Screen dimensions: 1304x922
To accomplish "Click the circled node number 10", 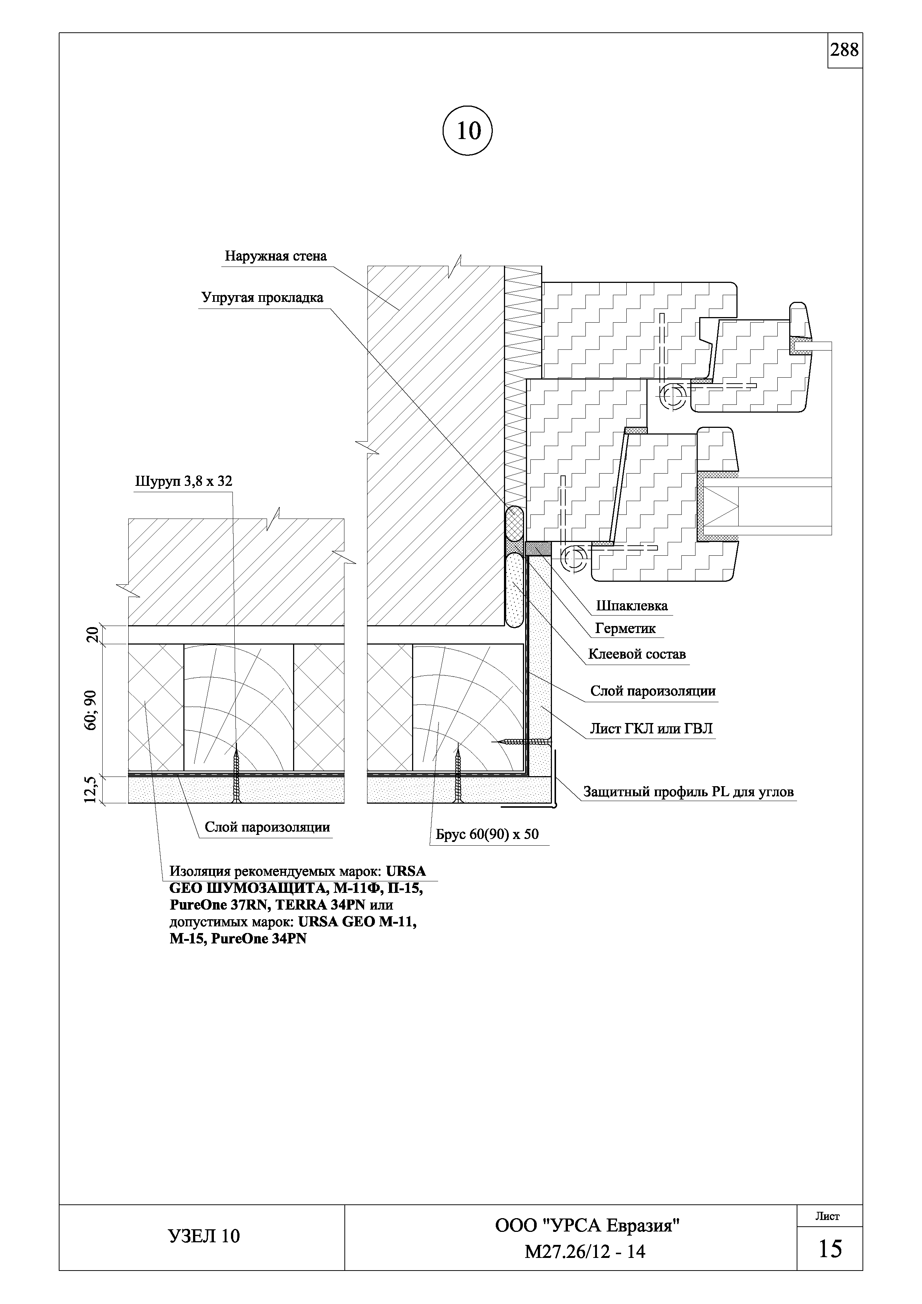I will pyautogui.click(x=467, y=131).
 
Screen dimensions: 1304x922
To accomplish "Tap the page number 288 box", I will pyautogui.click(x=844, y=51).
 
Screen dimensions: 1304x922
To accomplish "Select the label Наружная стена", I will pyautogui.click(x=276, y=256).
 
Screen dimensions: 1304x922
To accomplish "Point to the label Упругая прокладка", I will pyautogui.click(x=262, y=298).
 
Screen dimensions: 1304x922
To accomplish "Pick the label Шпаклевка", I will pyautogui.click(x=632, y=606).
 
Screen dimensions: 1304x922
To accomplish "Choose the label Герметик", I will pyautogui.click(x=625, y=628).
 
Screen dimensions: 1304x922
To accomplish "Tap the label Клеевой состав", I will pyautogui.click(x=636, y=654).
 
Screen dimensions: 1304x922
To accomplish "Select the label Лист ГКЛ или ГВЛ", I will pyautogui.click(x=650, y=729).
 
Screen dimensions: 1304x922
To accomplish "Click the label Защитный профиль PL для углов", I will pyautogui.click(x=688, y=792).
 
